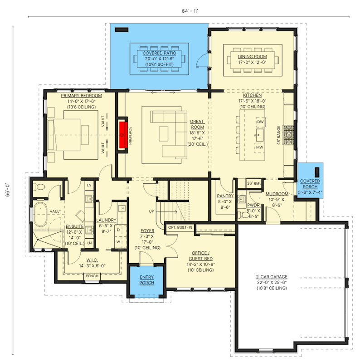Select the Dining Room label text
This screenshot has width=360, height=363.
click(x=252, y=56)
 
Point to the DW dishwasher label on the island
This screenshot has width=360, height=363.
click(x=260, y=122)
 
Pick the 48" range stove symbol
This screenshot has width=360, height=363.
click(x=288, y=135)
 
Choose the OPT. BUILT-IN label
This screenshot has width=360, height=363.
click(x=180, y=227)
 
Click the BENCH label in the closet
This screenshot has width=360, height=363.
click(x=92, y=275)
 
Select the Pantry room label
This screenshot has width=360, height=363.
click(x=225, y=196)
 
